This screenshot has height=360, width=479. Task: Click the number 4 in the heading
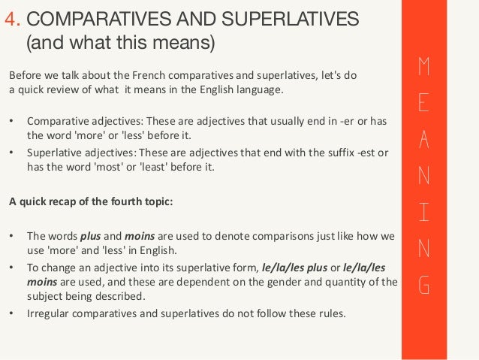tap(10, 17)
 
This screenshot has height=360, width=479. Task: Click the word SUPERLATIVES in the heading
tap(277, 17)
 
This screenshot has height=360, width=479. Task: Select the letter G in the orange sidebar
tap(423, 286)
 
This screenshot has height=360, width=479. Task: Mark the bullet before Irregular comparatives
tap(11, 314)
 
